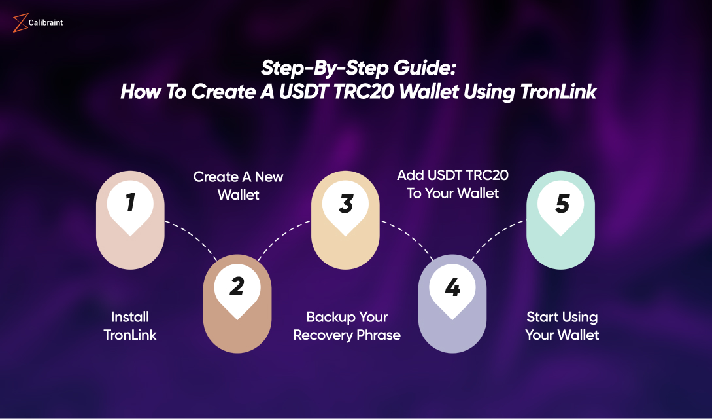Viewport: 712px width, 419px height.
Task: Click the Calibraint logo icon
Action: click(x=20, y=24)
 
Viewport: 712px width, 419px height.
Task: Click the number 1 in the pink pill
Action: click(x=130, y=203)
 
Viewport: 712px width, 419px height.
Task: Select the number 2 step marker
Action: click(x=237, y=286)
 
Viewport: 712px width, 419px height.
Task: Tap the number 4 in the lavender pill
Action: click(x=452, y=286)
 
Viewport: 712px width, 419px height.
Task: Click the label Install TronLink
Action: click(x=130, y=326)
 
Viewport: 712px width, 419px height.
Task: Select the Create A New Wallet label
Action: click(x=238, y=185)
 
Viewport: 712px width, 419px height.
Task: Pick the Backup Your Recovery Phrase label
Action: click(x=347, y=326)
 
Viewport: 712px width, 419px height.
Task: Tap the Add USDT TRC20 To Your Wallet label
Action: click(x=452, y=184)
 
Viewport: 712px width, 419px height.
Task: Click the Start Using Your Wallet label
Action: click(x=562, y=326)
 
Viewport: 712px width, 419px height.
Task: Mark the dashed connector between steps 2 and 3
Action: click(x=281, y=235)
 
